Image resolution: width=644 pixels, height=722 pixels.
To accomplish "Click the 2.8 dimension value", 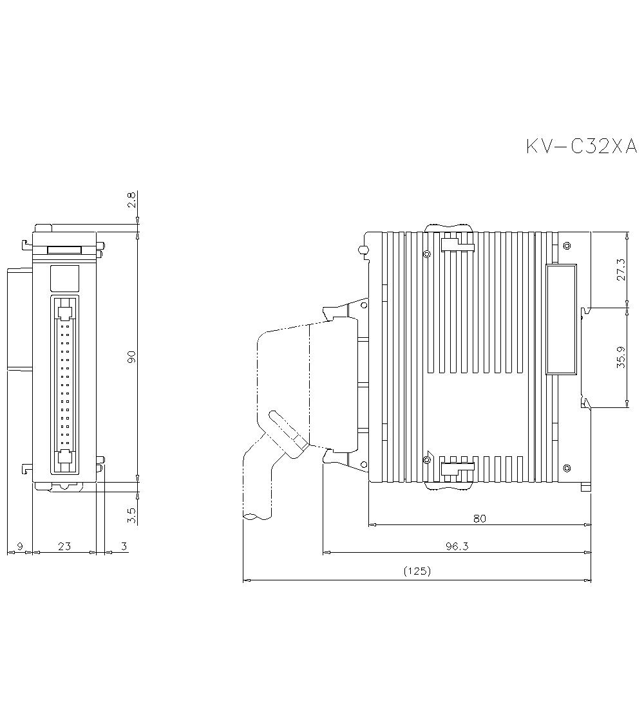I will [x=131, y=201].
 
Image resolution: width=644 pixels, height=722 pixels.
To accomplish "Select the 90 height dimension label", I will [x=131, y=357].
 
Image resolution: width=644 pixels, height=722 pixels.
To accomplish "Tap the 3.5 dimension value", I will [x=131, y=515].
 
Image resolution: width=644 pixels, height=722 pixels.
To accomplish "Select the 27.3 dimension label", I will [x=621, y=270].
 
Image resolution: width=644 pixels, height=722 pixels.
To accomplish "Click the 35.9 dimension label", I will [x=621, y=357].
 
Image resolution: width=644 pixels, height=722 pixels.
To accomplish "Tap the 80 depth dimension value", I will [x=479, y=518].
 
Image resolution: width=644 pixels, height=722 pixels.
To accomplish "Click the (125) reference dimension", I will [x=417, y=571].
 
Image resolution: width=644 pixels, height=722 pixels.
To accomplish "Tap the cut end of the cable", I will [x=257, y=515].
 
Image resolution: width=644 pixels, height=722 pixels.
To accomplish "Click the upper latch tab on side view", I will [x=457, y=246].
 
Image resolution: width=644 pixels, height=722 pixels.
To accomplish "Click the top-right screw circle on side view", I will [x=566, y=246].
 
